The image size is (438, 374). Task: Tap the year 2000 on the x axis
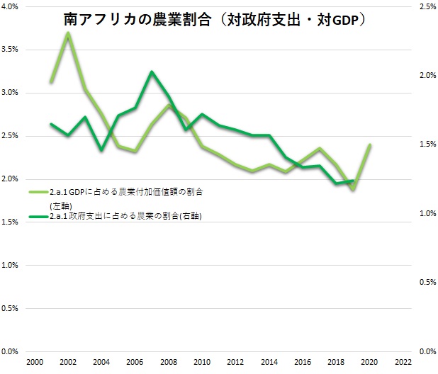34,361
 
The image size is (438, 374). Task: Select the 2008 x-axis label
168,361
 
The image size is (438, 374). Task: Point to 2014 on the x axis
269,361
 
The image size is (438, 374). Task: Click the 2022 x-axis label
403,361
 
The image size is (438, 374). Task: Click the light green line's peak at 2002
67,33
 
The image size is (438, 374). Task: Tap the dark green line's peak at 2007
152,72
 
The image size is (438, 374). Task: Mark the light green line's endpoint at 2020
369,145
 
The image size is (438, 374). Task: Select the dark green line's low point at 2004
101,150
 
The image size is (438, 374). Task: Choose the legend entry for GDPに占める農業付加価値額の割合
120,192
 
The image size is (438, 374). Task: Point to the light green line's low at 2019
352,189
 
